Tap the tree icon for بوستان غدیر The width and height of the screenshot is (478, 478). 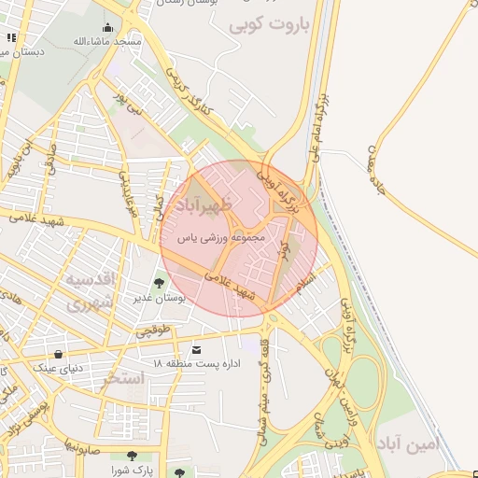click(159, 282)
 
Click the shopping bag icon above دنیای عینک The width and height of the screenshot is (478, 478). click(60, 354)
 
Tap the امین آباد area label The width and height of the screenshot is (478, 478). click(407, 445)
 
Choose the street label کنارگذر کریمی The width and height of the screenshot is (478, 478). click(190, 91)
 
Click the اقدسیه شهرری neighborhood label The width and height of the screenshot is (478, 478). click(90, 290)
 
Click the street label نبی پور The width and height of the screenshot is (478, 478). click(131, 103)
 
